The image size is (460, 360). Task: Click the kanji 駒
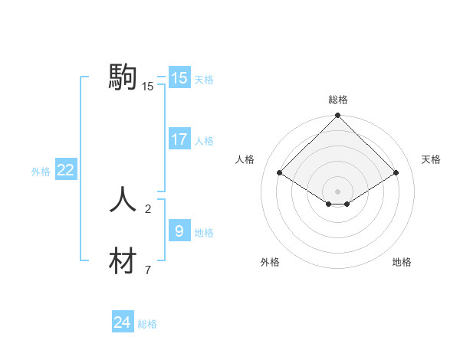pos(123,77)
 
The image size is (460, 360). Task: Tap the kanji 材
pos(123,261)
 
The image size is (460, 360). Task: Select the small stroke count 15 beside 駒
pos(148,87)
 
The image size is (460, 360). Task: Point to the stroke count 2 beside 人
pos(148,208)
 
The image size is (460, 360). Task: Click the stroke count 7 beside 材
pos(148,270)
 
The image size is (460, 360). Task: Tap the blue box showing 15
pos(179,78)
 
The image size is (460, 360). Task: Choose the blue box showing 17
pos(179,139)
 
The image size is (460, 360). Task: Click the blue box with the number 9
pos(179,230)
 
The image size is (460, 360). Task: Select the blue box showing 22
pos(65,170)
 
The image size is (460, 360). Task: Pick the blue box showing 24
pos(122,322)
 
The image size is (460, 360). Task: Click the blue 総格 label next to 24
pos(147,324)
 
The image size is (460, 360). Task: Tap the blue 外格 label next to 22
pos(41,172)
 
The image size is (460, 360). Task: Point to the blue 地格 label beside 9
pos(204,232)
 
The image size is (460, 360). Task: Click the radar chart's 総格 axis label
pos(338,100)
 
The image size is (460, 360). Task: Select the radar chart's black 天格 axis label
pos(432,159)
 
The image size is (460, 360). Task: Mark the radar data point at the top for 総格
pos(338,116)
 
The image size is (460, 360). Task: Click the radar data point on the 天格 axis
pos(396,172)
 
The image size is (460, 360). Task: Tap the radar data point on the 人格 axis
pos(280,172)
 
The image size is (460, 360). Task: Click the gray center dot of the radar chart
pos(338,191)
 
